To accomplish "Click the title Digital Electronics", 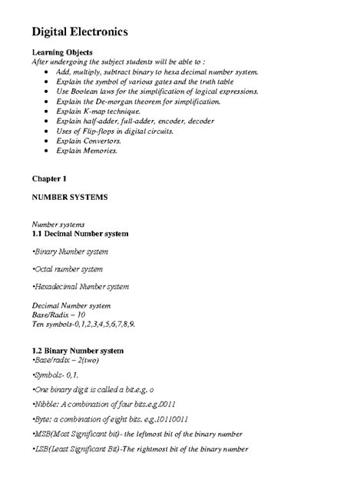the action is click(84, 33).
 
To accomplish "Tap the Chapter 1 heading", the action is click(50, 178).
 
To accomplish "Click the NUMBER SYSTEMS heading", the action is click(69, 197).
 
